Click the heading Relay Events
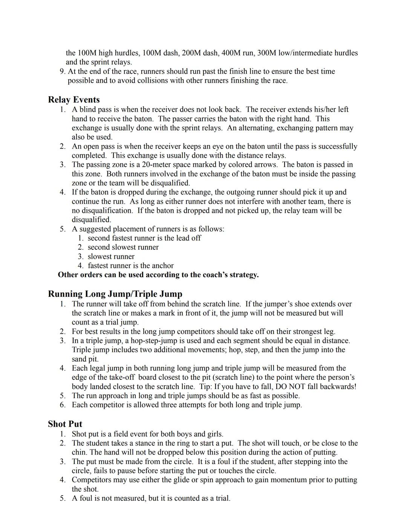[74, 100]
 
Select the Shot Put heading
[65, 424]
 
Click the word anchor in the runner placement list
[162, 266]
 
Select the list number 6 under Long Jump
[63, 405]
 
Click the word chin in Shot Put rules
[79, 452]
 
